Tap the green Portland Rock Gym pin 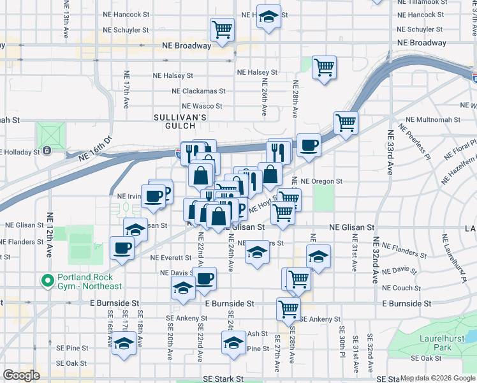(x=47, y=280)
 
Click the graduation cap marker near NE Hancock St (x=269, y=17)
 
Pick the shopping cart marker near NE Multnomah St (x=346, y=123)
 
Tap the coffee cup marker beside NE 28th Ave (x=309, y=146)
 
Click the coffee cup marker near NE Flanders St (x=122, y=248)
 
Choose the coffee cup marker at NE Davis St (x=205, y=278)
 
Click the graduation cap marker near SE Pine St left (x=124, y=343)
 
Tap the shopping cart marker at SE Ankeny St (x=288, y=308)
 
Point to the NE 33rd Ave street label (x=390, y=157)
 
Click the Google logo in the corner (x=22, y=375)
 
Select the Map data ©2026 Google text (x=437, y=379)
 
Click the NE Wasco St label (x=202, y=106)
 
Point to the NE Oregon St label (x=321, y=181)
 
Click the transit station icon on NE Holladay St (x=47, y=151)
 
